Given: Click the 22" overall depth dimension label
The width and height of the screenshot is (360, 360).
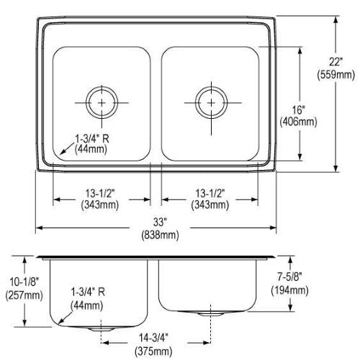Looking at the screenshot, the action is click(336, 62).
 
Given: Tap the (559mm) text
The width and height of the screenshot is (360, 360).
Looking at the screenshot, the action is click(336, 75).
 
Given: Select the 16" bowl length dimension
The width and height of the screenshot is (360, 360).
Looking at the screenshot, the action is click(298, 110).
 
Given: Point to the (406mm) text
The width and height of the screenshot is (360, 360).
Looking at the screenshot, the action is click(298, 122).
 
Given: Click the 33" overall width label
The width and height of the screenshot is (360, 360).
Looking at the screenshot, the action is click(160, 222).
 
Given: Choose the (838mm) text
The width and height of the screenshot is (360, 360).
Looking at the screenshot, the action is click(160, 235).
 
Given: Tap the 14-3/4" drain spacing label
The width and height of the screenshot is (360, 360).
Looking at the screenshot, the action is click(153, 338).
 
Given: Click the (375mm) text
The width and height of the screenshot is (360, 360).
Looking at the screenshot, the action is click(153, 351).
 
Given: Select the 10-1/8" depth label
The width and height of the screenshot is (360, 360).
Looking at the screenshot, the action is click(24, 282).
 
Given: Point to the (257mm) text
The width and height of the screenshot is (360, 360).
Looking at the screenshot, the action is click(24, 295).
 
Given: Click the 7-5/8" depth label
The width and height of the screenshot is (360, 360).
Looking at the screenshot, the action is click(289, 277).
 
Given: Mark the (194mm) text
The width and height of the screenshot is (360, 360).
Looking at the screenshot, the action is click(289, 291).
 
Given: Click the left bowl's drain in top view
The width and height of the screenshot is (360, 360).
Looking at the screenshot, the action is click(102, 102).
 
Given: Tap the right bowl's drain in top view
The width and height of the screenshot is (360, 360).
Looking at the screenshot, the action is click(211, 103).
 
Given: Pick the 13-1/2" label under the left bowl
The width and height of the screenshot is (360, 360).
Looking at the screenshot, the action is click(100, 194).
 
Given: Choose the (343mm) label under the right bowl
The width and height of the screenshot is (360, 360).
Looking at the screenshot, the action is click(210, 205).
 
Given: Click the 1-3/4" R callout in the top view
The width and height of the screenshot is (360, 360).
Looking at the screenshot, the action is click(92, 139).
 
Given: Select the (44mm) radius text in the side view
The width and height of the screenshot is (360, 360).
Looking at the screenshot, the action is click(87, 305).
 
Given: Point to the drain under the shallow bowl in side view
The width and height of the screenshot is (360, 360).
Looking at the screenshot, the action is click(210, 314).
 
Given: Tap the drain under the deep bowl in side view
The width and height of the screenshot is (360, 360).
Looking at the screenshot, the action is click(101, 329).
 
